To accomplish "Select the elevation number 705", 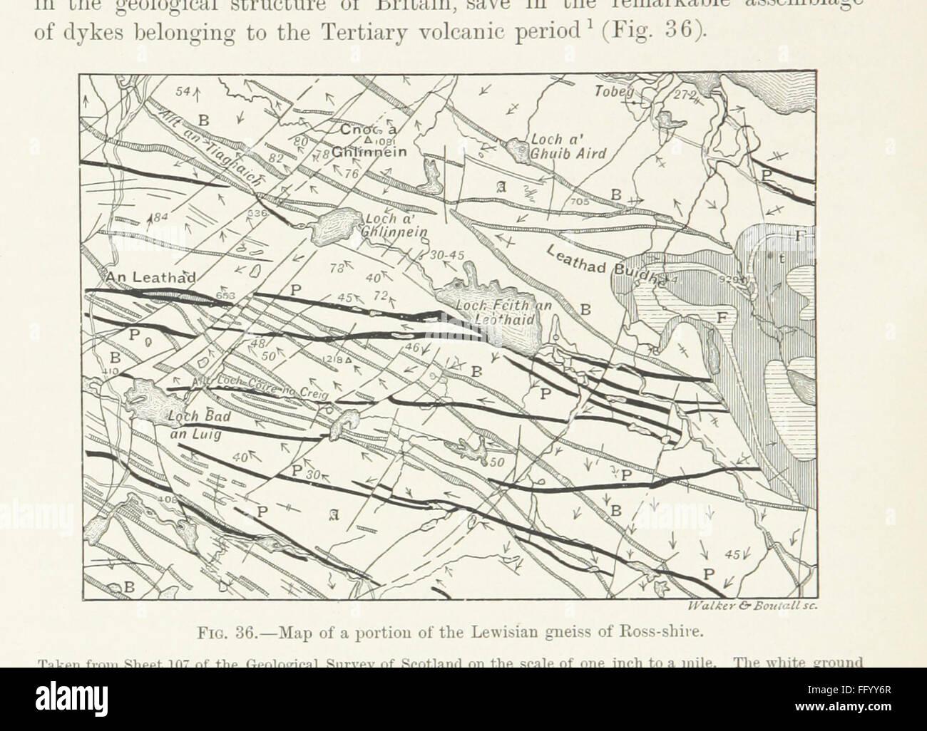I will tap(579, 203).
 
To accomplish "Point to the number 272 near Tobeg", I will tap(684, 95).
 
